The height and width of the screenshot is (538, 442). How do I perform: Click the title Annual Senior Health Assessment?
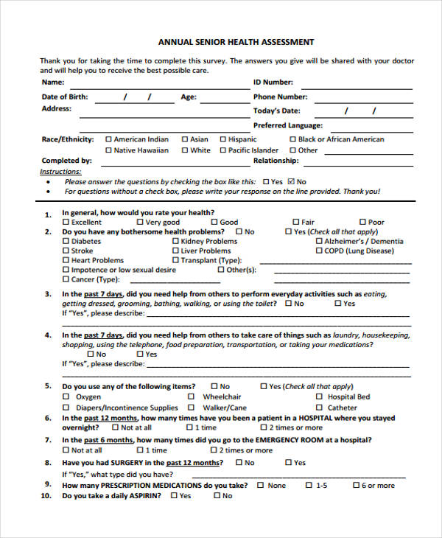236,42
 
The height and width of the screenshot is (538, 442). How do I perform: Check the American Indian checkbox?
109,139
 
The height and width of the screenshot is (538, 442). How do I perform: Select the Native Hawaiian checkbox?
109,150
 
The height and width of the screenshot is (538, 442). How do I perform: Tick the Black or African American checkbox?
293,139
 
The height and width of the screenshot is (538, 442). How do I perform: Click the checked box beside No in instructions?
291,181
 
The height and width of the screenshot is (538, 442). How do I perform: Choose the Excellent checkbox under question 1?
66,222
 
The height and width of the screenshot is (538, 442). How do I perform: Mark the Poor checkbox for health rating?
363,222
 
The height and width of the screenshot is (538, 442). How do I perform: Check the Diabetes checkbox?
66,241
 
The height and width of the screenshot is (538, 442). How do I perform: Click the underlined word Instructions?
60,172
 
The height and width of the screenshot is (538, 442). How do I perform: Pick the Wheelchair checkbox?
197,396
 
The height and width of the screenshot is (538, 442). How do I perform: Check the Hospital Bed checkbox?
319,396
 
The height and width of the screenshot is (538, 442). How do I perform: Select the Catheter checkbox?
319,408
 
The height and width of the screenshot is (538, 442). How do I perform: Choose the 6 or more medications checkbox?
357,486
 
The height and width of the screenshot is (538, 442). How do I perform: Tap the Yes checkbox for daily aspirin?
174,496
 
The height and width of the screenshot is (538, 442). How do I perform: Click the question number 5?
48,386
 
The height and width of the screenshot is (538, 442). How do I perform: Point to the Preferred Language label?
288,126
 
